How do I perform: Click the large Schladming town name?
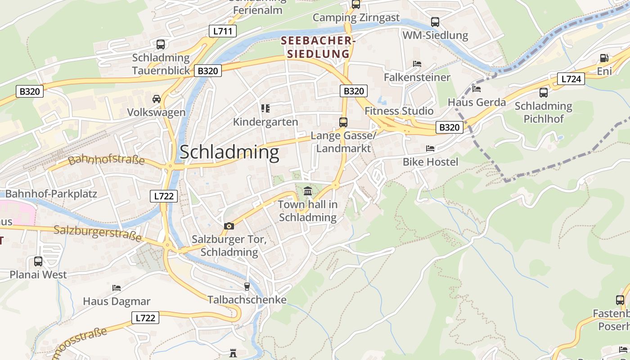229,153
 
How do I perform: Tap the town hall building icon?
308,191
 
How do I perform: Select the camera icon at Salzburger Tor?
229,226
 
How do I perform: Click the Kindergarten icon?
265,108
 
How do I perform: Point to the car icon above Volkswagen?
156,99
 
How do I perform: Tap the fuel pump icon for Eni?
604,58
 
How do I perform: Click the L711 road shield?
223,31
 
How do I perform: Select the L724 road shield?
571,79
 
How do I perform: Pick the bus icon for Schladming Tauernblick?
161,44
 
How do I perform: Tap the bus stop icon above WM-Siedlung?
435,22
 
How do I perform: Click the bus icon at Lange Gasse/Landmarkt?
343,122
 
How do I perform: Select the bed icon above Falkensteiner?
417,64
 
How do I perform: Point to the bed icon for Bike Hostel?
430,148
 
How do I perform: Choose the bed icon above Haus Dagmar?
117,288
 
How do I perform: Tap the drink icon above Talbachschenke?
247,286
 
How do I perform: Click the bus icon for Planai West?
38,261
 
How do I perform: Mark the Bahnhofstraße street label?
106,160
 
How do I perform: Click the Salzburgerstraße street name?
98,233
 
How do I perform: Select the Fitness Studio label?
399,111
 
